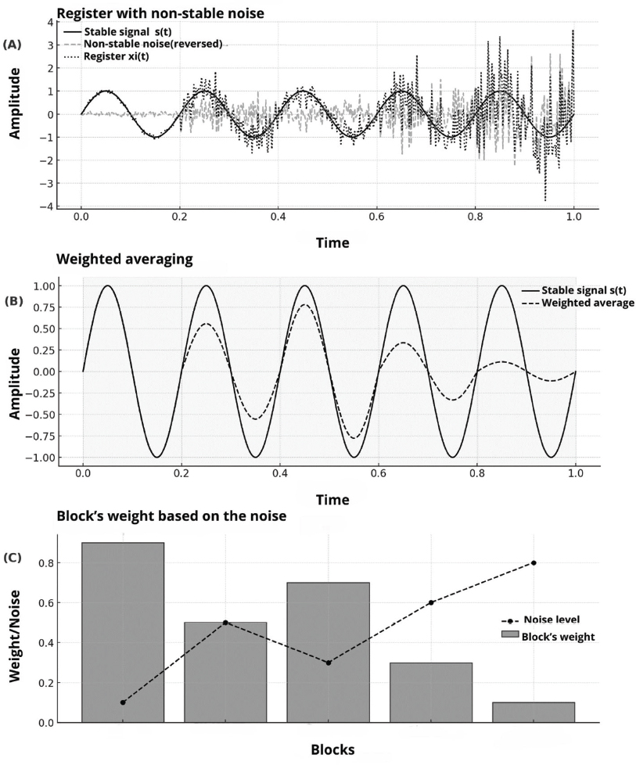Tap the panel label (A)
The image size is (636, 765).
(13, 45)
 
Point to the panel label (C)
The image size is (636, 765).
(13, 558)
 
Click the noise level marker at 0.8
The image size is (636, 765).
(534, 562)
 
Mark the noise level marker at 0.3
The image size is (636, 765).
(329, 663)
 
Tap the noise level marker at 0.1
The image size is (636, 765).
(123, 702)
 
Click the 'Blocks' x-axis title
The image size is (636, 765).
(332, 749)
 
